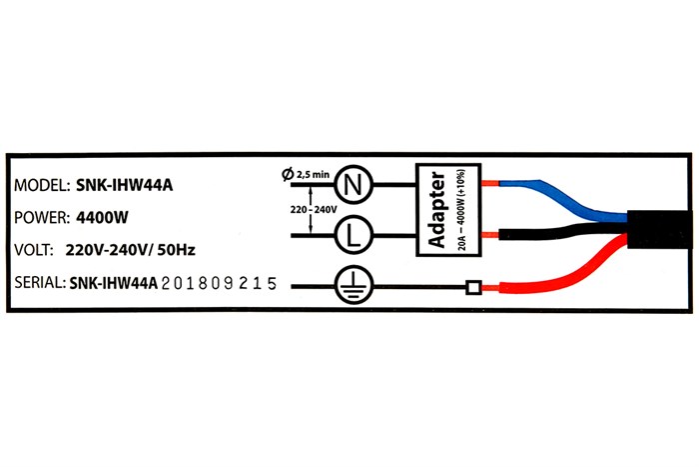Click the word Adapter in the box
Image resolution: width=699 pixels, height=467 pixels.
tap(436, 210)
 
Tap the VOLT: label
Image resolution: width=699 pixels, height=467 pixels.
tap(36, 250)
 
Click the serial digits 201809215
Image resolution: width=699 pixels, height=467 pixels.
tap(220, 284)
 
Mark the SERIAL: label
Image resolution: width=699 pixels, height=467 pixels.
tap(40, 284)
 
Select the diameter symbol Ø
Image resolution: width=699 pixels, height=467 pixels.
tap(289, 174)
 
